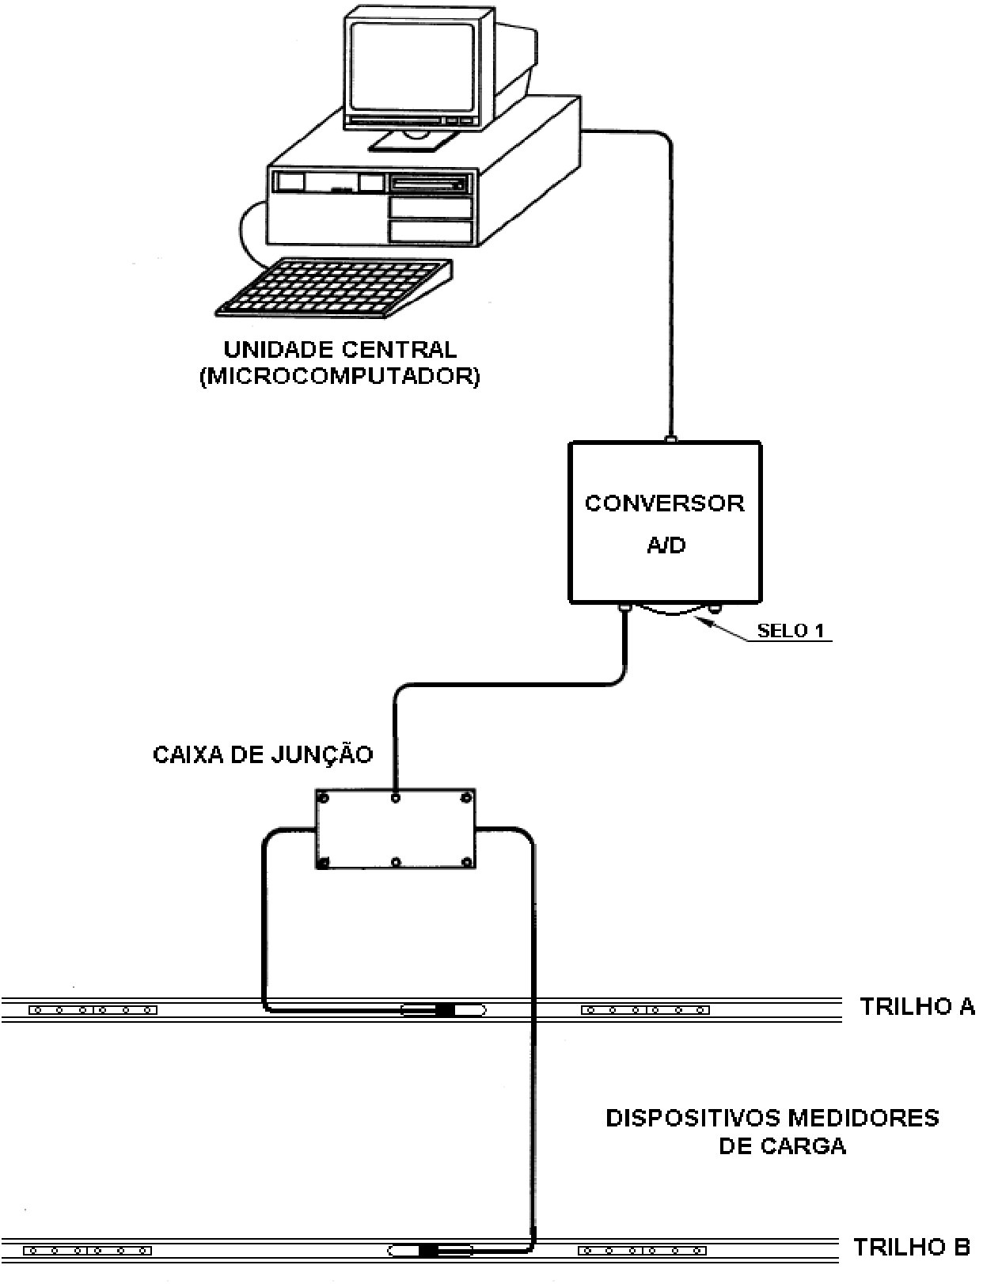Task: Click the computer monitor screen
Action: click(412, 66)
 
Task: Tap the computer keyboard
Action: click(334, 288)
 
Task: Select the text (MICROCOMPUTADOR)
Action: click(340, 377)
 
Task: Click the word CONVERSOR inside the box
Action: click(665, 503)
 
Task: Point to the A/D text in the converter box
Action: click(666, 545)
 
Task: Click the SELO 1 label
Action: click(791, 630)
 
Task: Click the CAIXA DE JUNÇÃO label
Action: click(263, 754)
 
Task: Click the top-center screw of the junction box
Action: click(396, 798)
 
